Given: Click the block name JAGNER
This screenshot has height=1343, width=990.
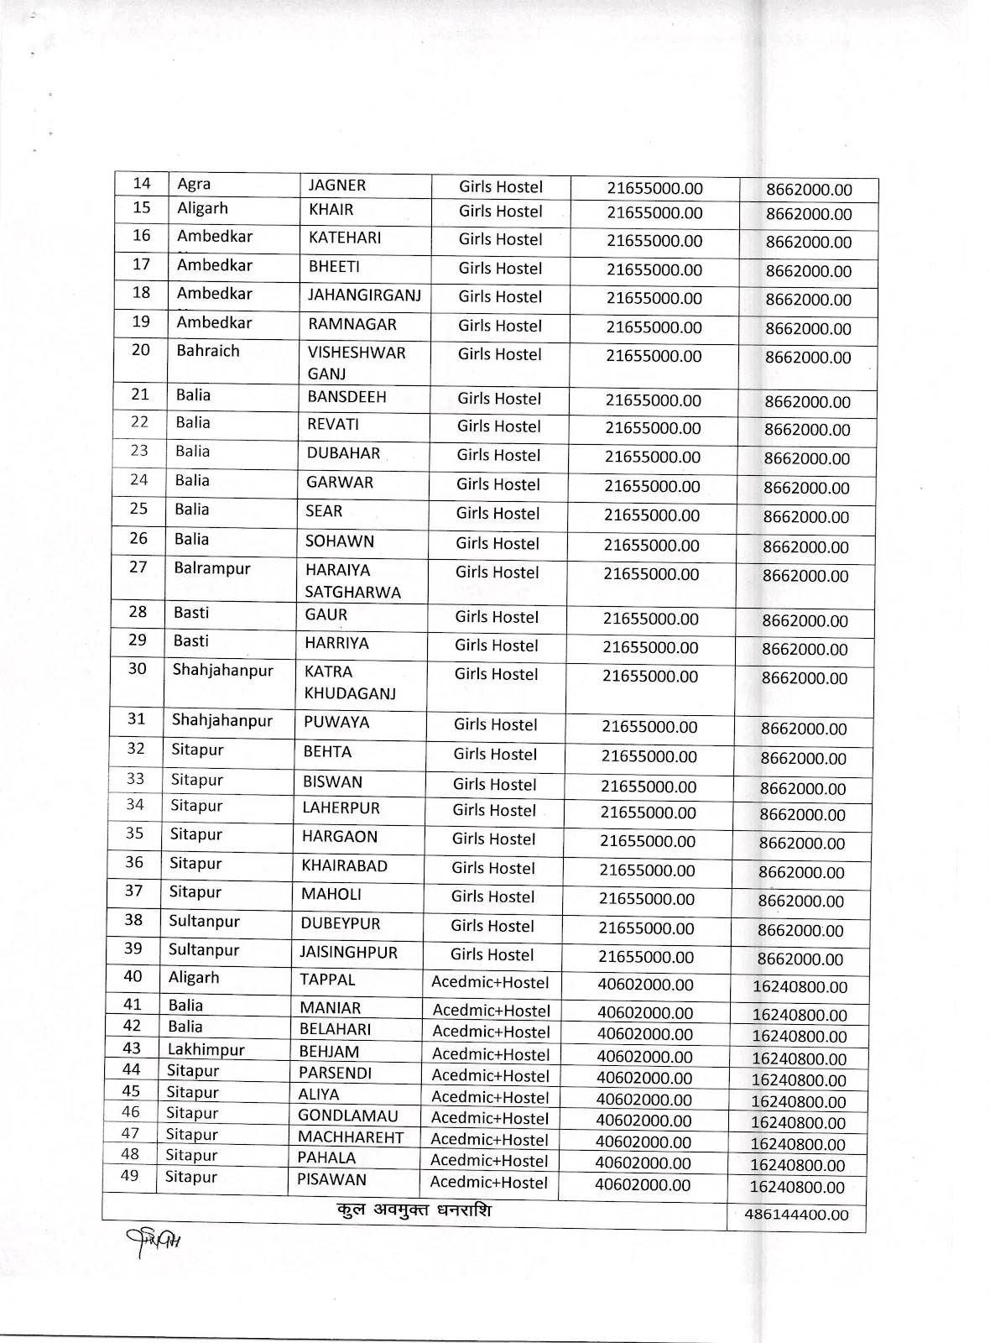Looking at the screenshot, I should (x=337, y=186).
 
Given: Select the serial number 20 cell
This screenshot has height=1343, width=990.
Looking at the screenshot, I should (x=141, y=350).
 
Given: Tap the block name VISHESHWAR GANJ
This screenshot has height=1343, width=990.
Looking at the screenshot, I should (x=356, y=363).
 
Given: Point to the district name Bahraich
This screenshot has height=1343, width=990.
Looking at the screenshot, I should (x=208, y=351).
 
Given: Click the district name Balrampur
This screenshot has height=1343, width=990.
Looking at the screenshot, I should (x=212, y=568).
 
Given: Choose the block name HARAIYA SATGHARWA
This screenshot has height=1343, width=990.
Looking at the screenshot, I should (x=352, y=581).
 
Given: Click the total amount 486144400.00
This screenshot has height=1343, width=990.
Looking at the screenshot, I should (x=796, y=1215).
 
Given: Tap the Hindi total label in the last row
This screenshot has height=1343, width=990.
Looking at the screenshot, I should (x=411, y=1210).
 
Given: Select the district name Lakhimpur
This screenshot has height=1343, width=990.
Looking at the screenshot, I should (x=206, y=1049).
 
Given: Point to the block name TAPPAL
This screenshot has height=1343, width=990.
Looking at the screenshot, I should (x=328, y=980).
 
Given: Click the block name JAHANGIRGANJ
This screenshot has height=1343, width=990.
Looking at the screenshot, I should (x=364, y=295).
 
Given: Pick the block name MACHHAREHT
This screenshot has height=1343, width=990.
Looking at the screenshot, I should (x=351, y=1137).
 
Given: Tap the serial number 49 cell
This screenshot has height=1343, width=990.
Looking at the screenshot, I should (x=130, y=1176).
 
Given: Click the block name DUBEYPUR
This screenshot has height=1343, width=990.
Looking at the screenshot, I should (x=341, y=923).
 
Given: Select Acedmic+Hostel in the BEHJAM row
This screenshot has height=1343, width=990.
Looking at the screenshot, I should (x=491, y=1054).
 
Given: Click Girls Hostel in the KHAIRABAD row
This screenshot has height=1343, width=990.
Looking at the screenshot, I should (x=493, y=868).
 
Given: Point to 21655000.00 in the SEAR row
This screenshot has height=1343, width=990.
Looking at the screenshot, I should (x=651, y=515).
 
